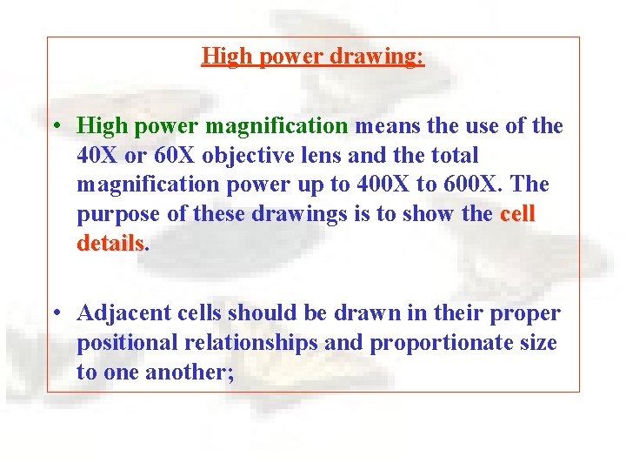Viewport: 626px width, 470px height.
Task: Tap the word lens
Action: [317, 156]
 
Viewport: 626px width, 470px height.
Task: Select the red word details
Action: [110, 245]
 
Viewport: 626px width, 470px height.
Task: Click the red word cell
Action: [517, 215]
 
